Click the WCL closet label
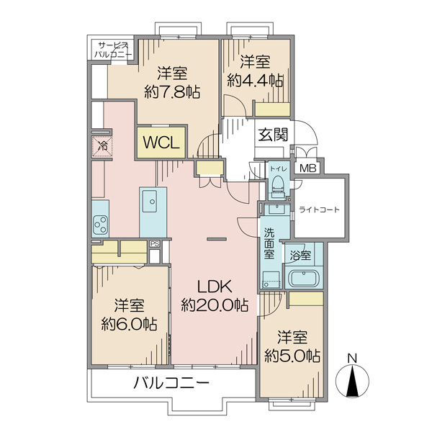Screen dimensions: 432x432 (161, 143)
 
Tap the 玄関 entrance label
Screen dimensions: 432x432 (273, 135)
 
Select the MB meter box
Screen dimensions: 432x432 (307, 168)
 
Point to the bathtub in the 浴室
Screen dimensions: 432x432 (304, 278)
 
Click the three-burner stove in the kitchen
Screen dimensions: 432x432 (101, 225)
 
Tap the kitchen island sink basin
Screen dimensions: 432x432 (150, 201)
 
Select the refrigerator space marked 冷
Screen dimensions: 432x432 (102, 146)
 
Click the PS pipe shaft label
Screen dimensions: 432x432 (155, 243)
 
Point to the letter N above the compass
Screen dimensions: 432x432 (352, 359)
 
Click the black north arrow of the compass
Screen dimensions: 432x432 (352, 382)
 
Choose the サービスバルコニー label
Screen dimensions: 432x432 (113, 50)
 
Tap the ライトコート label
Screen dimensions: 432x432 (320, 210)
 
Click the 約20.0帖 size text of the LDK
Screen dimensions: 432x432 (215, 305)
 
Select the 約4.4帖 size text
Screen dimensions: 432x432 (255, 81)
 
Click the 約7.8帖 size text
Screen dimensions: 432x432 (172, 91)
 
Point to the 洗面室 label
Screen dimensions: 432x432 (269, 243)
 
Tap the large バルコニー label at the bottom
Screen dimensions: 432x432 (171, 383)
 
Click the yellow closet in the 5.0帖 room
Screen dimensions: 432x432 (306, 299)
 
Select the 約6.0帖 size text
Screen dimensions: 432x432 (129, 324)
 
